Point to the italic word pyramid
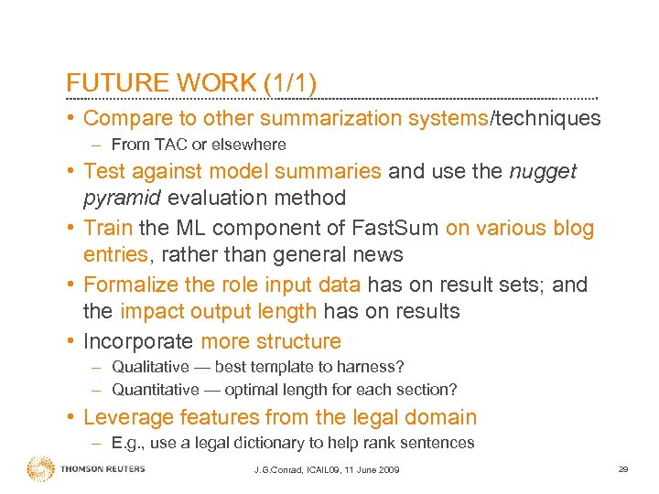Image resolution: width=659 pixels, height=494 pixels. (124, 198)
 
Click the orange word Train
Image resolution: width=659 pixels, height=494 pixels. (109, 228)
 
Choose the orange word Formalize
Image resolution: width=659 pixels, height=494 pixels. (137, 285)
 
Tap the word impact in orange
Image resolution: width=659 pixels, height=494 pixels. (149, 311)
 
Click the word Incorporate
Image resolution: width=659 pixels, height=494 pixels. (138, 341)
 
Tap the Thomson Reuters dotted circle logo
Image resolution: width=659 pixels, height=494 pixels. (40, 468)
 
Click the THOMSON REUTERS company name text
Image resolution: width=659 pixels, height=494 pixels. (103, 469)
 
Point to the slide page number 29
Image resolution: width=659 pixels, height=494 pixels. (622, 469)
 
